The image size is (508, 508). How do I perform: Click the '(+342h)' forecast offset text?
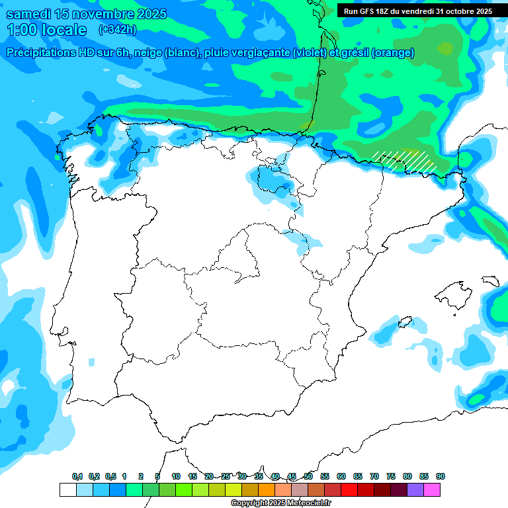tap(117, 30)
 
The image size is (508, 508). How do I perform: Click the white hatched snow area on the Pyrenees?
tap(405, 161)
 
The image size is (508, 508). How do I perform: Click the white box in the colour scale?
tap(67, 490)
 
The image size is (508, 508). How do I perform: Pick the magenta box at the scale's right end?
tap(432, 490)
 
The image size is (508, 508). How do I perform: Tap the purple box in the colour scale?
tap(415, 490)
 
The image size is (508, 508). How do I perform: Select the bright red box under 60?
tap(349, 490)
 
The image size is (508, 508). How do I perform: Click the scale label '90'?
tap(441, 476)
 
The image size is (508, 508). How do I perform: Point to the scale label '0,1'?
tap(77, 476)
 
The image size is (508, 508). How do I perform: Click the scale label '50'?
tap(308, 476)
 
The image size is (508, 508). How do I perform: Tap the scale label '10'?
tap(176, 476)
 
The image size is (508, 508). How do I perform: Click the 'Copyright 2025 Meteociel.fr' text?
tap(280, 503)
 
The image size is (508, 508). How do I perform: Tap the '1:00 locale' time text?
tap(47, 30)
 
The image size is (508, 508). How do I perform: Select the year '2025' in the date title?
tap(151, 14)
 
